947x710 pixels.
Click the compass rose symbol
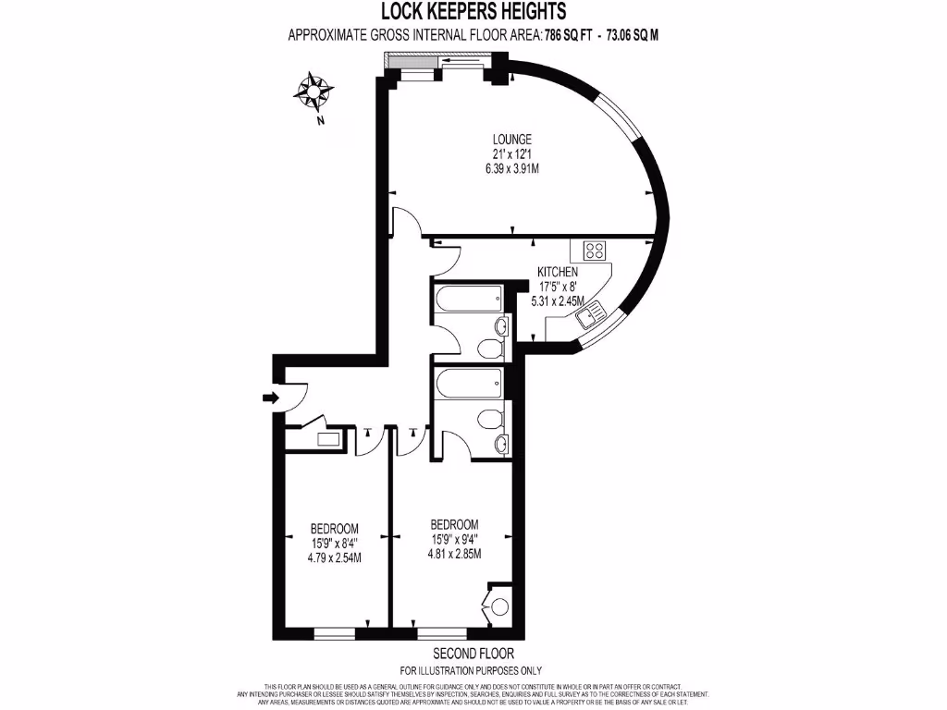click(315, 93)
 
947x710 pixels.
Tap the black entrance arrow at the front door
click(270, 398)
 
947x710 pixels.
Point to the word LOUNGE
click(511, 140)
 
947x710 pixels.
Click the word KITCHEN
click(558, 273)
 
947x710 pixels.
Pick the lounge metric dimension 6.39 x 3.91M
click(511, 169)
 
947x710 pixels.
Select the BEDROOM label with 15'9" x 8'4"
click(334, 529)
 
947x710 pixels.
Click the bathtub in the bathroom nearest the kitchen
click(469, 300)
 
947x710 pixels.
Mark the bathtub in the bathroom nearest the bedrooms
click(469, 381)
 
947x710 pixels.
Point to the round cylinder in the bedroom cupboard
click(499, 607)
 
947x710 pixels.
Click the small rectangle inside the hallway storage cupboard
click(327, 440)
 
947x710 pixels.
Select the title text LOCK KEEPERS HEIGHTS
click(473, 12)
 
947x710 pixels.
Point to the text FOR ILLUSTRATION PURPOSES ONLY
click(471, 670)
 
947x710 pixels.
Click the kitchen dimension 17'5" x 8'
click(558, 287)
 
